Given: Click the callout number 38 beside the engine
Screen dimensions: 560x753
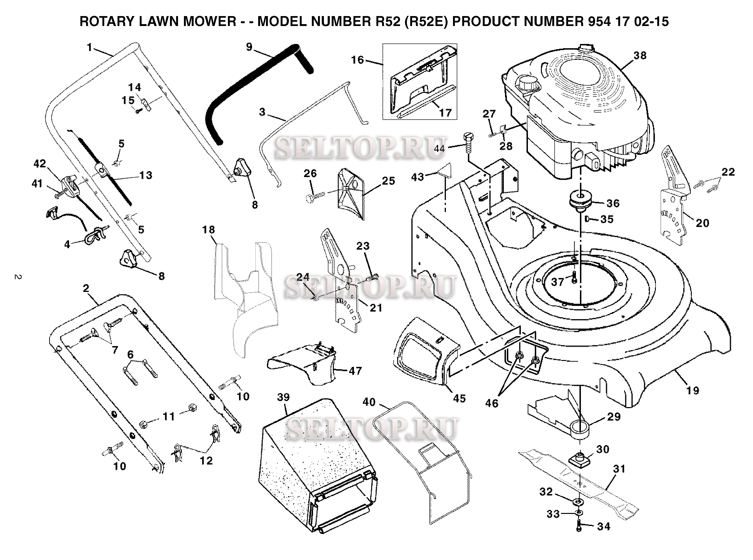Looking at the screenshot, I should click(x=640, y=56).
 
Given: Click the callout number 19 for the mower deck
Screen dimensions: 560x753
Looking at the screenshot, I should click(x=693, y=391).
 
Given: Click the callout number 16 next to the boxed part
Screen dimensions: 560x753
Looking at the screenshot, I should click(x=357, y=60).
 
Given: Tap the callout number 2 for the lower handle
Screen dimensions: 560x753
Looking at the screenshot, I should click(x=86, y=288).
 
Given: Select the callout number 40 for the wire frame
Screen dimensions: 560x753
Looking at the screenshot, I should click(x=369, y=402).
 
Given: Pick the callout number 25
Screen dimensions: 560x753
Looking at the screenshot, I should click(x=388, y=181).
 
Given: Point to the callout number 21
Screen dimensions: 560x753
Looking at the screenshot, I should click(x=376, y=308).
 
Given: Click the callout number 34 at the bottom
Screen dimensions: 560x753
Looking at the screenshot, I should click(x=604, y=526).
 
